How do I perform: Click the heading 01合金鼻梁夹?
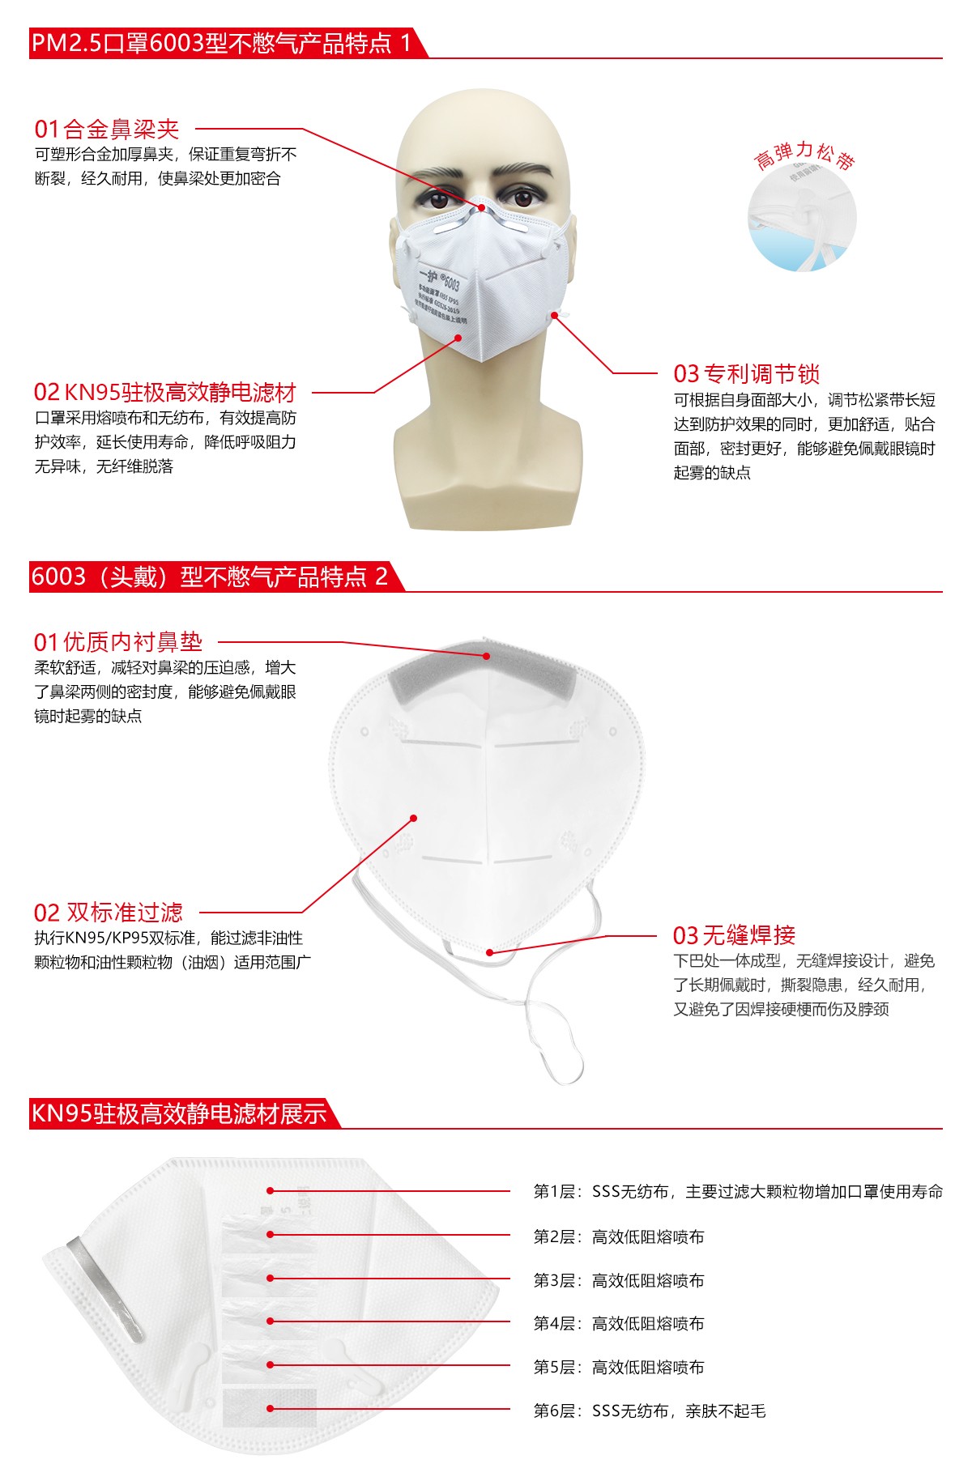click(x=106, y=129)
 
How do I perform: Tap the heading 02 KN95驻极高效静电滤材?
click(x=164, y=393)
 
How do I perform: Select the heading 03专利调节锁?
click(x=746, y=373)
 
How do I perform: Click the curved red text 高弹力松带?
click(x=804, y=155)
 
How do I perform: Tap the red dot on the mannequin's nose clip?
click(x=481, y=208)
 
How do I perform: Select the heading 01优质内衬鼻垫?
click(x=117, y=642)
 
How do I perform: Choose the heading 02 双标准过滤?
click(x=108, y=913)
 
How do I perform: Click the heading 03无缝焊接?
click(x=734, y=935)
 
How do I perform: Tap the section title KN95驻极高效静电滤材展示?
click(x=178, y=1113)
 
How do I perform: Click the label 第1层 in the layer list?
click(x=553, y=1191)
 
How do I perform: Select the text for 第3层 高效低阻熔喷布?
click(x=619, y=1280)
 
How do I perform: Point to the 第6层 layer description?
click(x=649, y=1411)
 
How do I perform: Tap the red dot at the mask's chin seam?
click(x=489, y=952)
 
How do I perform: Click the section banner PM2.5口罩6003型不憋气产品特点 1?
click(x=221, y=43)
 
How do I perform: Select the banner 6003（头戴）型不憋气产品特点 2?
click(x=209, y=577)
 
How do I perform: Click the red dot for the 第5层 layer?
click(x=271, y=1364)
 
